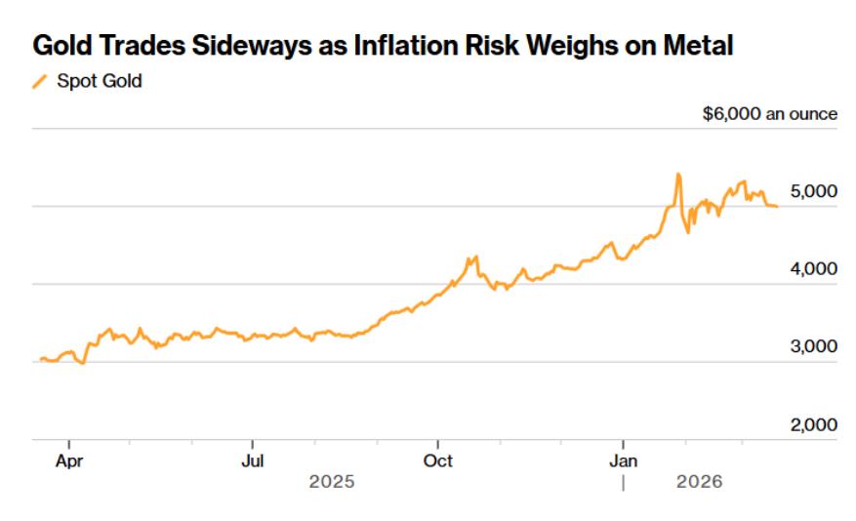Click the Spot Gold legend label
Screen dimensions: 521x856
point(99,82)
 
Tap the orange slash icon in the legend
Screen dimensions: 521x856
point(39,82)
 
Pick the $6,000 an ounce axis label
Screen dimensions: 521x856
point(769,114)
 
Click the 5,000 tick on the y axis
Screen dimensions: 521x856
point(813,191)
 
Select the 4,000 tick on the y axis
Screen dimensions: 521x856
point(813,269)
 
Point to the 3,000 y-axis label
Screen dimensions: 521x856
point(813,347)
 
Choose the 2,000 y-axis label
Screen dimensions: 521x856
point(813,425)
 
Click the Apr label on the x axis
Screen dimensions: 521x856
point(68,461)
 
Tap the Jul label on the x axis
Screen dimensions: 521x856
point(253,461)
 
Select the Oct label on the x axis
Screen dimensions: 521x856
point(438,461)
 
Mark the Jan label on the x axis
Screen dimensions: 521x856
point(624,461)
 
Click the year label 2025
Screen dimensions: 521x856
point(332,482)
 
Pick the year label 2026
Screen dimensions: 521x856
point(699,482)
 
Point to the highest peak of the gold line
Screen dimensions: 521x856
point(677,175)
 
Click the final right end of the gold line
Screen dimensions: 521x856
point(777,206)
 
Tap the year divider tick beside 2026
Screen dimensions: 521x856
point(623,482)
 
